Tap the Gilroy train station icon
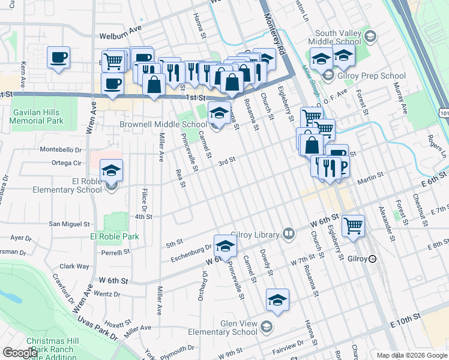(x=373, y=259)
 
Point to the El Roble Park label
(x=115, y=236)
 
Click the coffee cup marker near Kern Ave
(x=58, y=58)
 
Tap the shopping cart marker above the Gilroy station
(x=354, y=226)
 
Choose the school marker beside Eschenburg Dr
(x=225, y=246)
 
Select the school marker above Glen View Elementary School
(x=277, y=300)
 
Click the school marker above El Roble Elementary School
(x=111, y=171)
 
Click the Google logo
(x=20, y=353)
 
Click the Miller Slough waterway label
(x=310, y=81)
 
